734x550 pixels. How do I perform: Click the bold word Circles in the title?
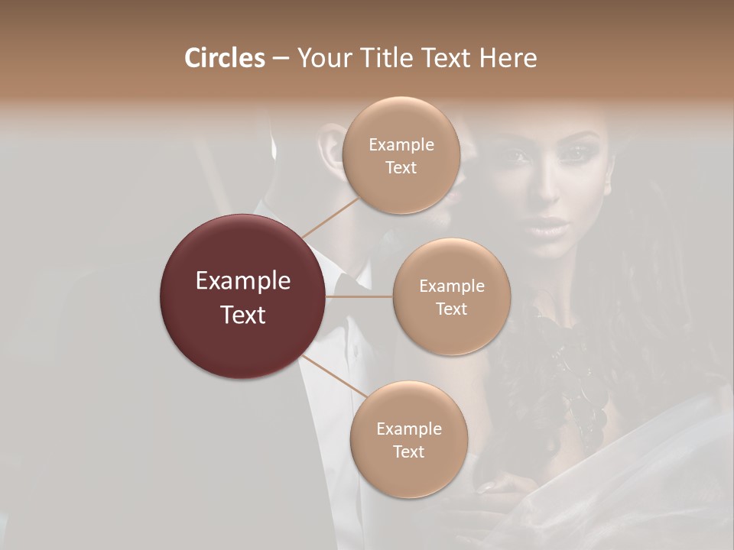[224, 58]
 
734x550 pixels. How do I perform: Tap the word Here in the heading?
[508, 58]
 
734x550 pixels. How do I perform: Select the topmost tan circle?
[401, 155]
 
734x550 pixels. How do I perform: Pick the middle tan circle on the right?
[451, 296]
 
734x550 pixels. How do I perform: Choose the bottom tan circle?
[408, 439]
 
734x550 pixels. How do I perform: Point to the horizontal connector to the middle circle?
[359, 296]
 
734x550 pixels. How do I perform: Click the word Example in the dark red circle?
[243, 281]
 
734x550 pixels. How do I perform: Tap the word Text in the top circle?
[401, 167]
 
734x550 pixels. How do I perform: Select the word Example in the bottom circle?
[408, 429]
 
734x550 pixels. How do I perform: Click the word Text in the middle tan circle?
[451, 309]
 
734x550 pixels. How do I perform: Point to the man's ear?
[330, 145]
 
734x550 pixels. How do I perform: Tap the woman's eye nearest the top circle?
[520, 157]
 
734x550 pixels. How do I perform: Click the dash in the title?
[280, 59]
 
